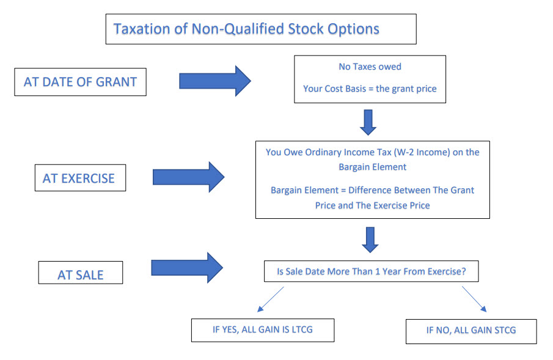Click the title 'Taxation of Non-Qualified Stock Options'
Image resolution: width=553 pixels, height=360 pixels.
pos(246,29)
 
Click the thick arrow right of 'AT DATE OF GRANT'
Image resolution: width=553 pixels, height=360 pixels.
pos(214,81)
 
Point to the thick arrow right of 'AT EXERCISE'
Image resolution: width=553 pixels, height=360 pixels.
pos(188,177)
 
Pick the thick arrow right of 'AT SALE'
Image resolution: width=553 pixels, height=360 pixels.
pos(187,268)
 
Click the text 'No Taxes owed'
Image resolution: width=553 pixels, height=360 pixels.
pos(370,67)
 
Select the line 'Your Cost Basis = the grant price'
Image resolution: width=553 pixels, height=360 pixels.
pos(370,89)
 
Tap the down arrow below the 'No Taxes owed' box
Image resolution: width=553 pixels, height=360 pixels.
pos(368,122)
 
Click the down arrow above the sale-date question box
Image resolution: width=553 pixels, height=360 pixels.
pos(370,240)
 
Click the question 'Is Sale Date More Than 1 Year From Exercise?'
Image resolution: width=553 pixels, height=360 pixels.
pos(372,271)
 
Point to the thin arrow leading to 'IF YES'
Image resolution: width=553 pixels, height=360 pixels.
pos(271,299)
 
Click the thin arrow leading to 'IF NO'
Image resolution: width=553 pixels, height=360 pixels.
pos(474,299)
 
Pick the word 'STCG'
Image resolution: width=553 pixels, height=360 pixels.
pos(505,330)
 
